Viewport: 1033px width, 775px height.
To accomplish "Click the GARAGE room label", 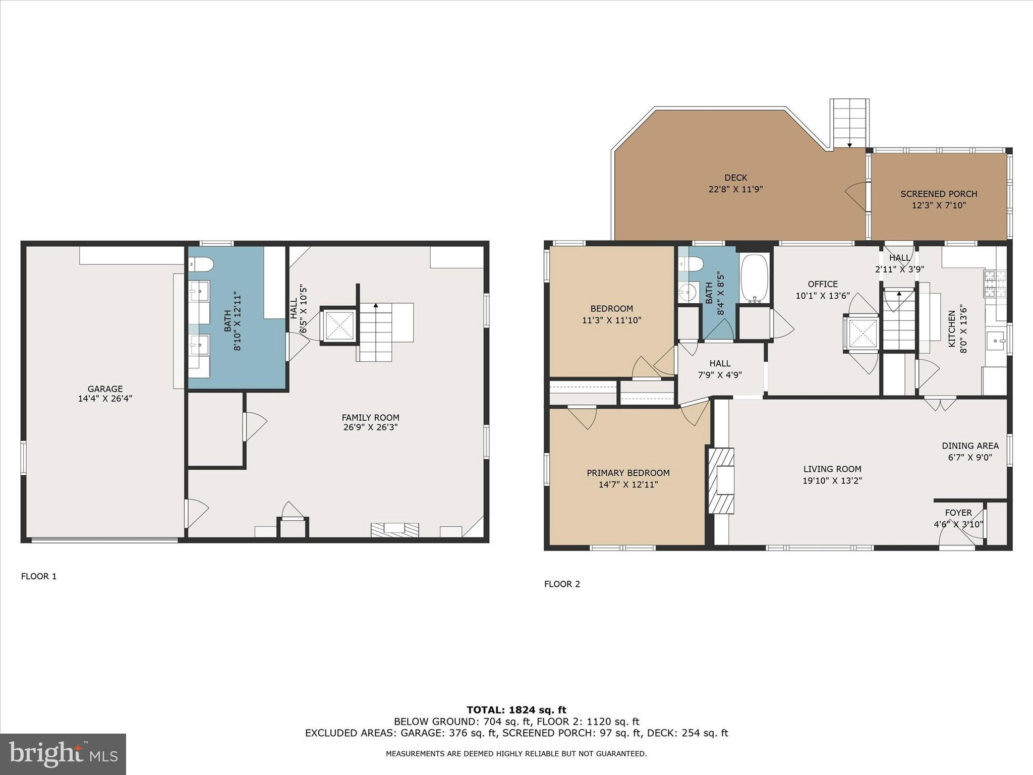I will [105, 389].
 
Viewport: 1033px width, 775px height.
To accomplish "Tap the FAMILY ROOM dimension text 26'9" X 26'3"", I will [370, 427].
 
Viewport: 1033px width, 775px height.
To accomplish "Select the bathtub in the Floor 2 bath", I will [754, 279].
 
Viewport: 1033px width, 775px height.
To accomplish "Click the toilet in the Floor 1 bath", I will [201, 264].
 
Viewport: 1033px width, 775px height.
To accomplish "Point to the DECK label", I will [735, 178].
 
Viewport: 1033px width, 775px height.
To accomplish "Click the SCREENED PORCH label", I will [939, 194].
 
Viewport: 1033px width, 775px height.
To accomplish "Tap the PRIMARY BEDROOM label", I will [628, 473].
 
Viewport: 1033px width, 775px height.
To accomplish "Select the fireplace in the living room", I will [722, 480].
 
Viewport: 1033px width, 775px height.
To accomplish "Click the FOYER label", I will [958, 513].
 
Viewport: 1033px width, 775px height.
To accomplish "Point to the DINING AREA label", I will [970, 446].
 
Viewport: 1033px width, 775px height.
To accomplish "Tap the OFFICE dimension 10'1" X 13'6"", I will [822, 296].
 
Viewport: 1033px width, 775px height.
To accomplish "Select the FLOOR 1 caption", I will [39, 576].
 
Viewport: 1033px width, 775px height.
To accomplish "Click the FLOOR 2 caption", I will [562, 584].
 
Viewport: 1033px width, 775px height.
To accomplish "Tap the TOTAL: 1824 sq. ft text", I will [516, 710].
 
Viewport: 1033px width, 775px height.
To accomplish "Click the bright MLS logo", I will [63, 754].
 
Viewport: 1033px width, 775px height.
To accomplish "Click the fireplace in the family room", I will [394, 529].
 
